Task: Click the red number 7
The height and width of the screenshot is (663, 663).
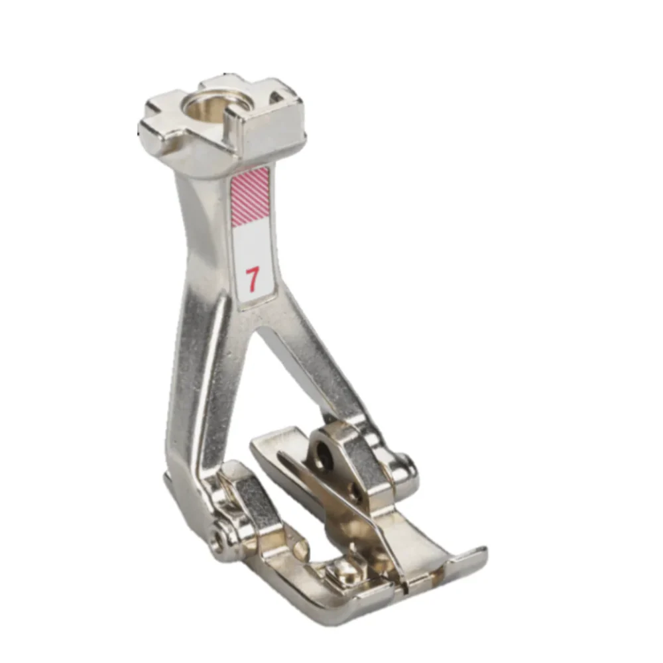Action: point(252,280)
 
